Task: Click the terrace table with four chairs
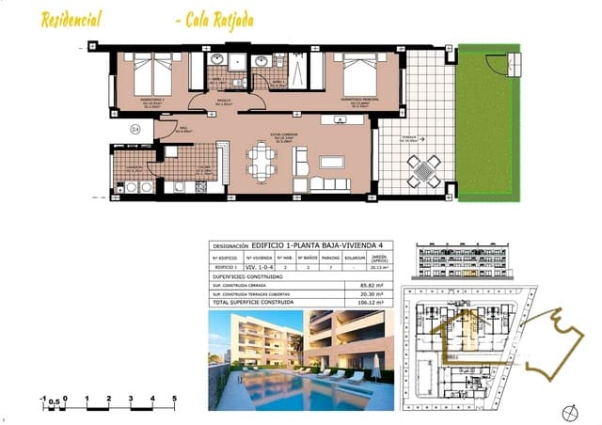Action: pos(422,170)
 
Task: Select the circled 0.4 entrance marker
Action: pos(135,129)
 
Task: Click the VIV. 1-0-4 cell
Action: pos(258,267)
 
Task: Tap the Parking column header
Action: pos(331,257)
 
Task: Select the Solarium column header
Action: pos(356,257)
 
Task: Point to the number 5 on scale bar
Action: pos(175,399)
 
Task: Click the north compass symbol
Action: pos(567,411)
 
